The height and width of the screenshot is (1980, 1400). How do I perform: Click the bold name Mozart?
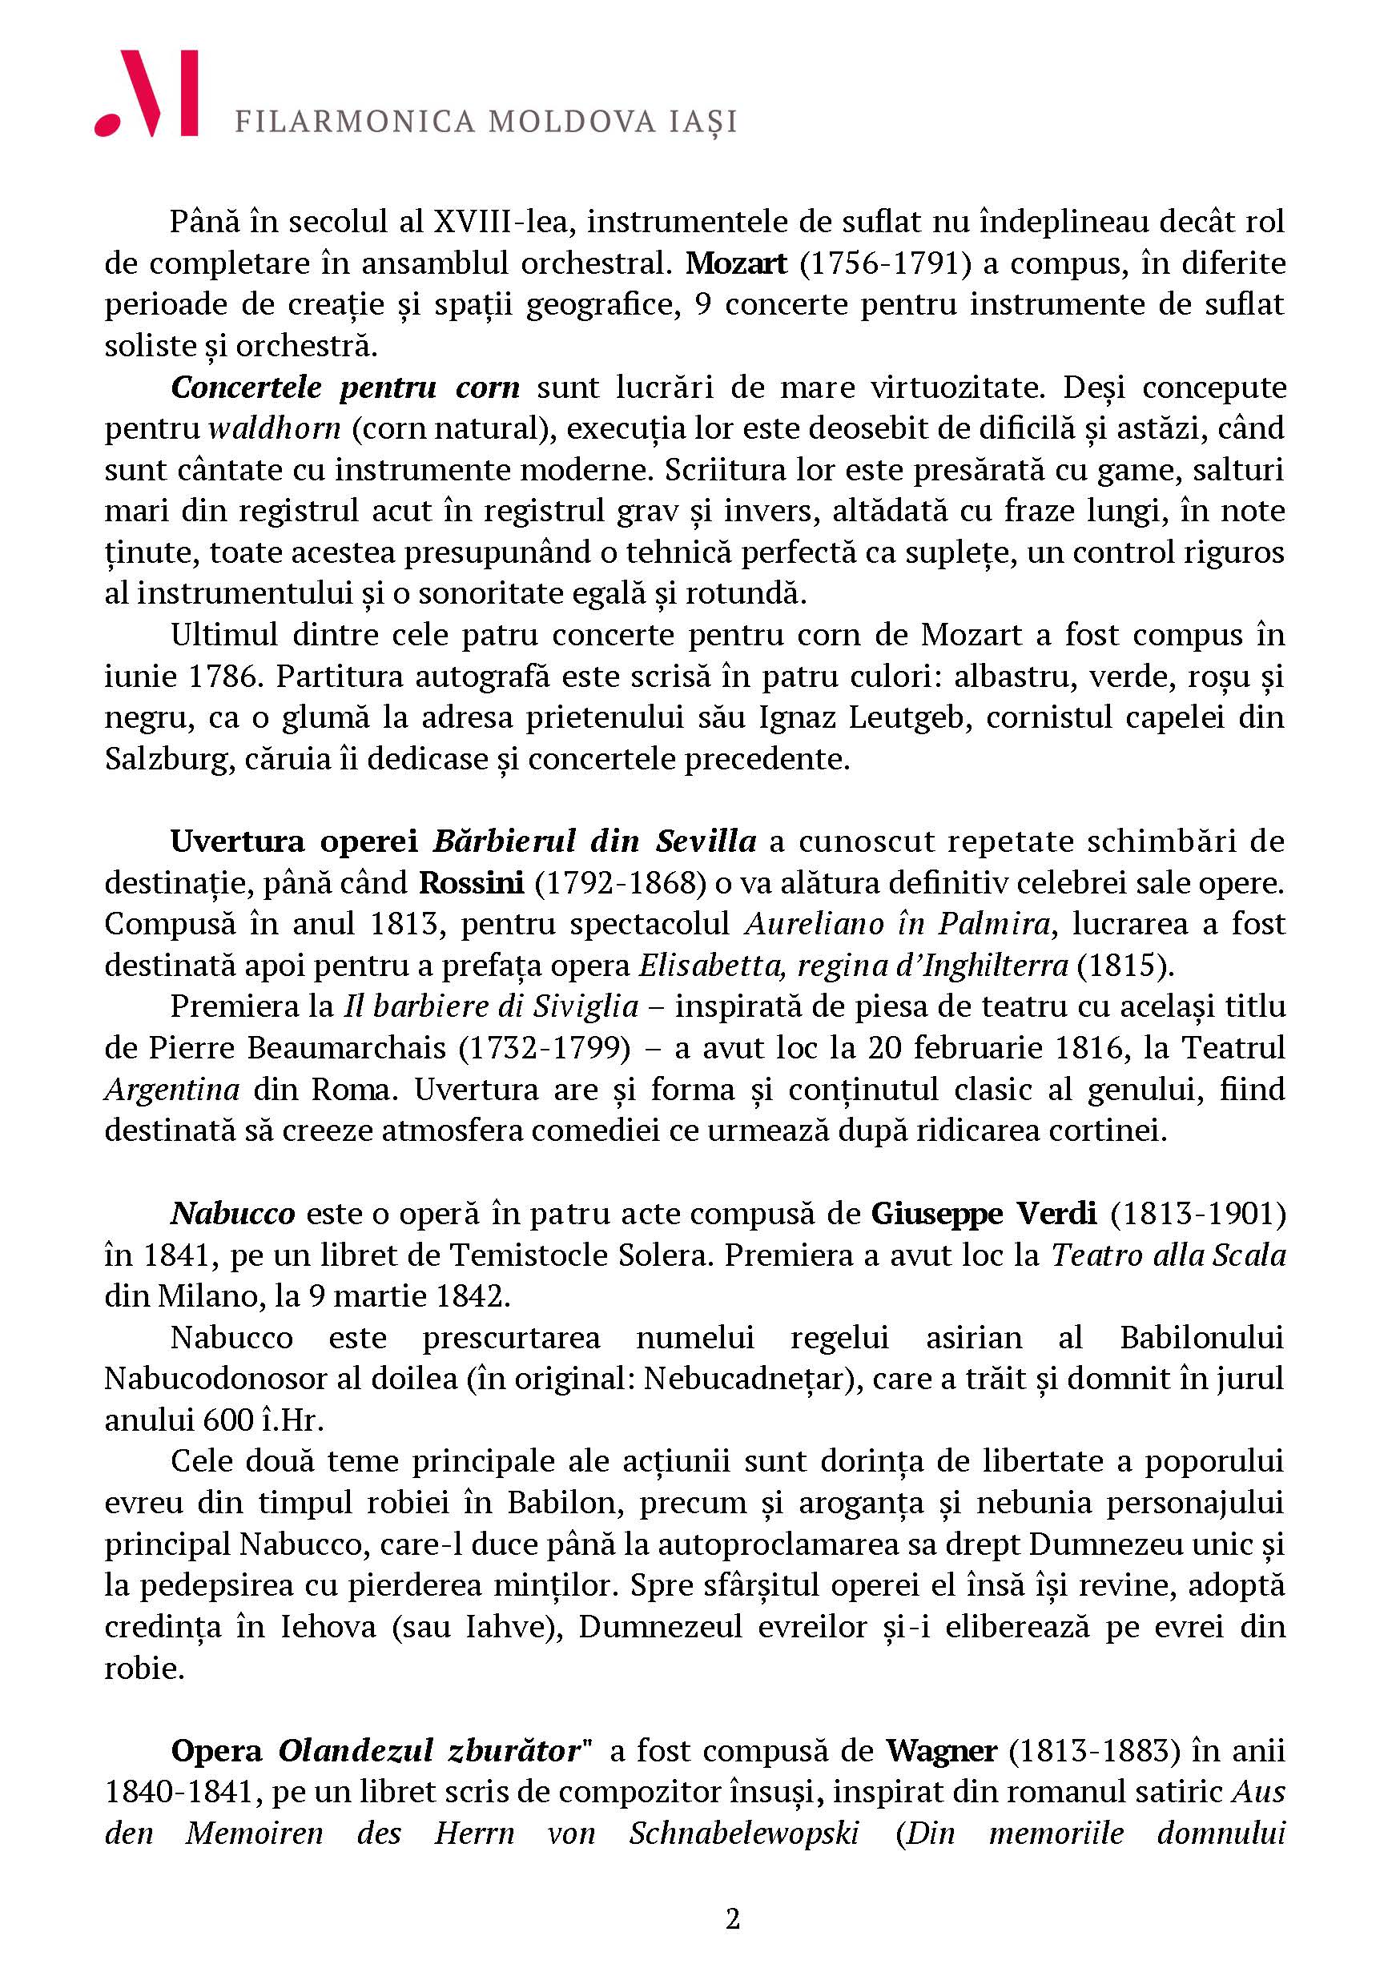736,263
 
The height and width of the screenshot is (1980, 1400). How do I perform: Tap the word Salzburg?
161,759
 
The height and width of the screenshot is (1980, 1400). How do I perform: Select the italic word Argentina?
171,1090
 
